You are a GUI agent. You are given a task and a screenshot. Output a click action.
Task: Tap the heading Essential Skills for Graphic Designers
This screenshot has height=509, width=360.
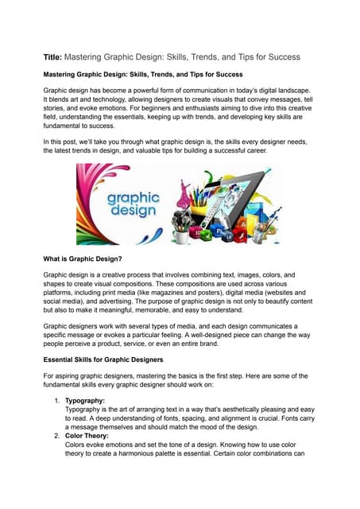click(x=120, y=359)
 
